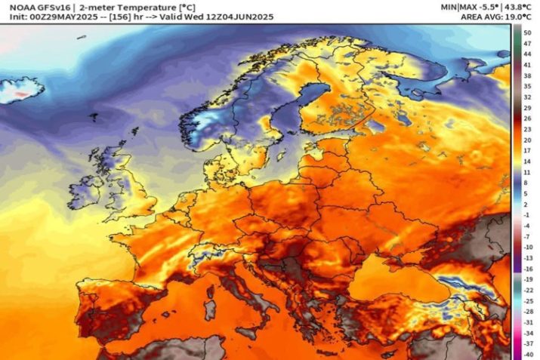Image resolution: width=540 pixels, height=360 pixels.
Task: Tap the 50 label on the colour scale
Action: pyautogui.click(x=527, y=32)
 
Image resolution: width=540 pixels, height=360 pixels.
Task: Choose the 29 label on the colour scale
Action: pyautogui.click(x=527, y=108)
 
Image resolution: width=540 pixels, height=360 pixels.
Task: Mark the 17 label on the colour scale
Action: pyautogui.click(x=527, y=151)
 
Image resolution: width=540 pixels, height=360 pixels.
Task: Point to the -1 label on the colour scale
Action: pyautogui.click(x=528, y=215)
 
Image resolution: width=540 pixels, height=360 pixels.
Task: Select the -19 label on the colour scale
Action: pyautogui.click(x=528, y=278)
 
